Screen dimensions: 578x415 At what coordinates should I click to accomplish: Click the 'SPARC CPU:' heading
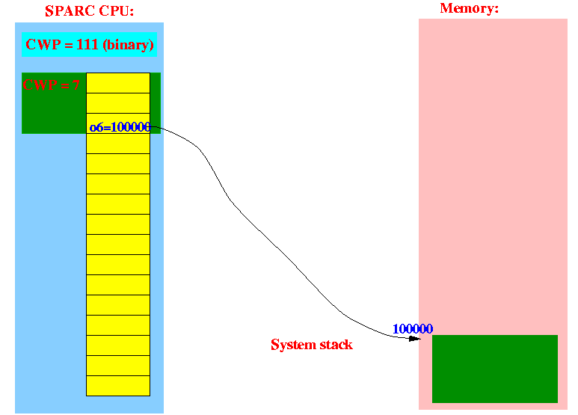click(89, 11)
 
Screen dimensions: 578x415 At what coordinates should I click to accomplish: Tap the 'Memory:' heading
click(470, 8)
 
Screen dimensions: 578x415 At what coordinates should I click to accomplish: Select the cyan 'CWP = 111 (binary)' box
click(89, 45)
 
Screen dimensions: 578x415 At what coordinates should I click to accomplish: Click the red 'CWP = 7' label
click(51, 85)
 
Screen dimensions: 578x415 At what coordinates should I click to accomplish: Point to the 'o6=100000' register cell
click(118, 123)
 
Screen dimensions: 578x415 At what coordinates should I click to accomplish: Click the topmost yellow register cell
click(118, 83)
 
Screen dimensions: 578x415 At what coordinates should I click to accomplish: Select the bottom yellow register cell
click(118, 386)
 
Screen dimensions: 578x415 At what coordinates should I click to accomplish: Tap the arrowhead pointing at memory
click(415, 338)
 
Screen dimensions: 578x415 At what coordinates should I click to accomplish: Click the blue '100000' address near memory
click(413, 328)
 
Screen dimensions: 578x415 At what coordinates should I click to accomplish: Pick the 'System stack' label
click(312, 345)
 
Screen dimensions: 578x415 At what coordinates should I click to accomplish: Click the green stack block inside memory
click(495, 369)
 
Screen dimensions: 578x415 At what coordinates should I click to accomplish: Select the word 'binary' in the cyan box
click(128, 45)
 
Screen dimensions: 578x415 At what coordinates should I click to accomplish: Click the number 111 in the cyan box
click(87, 45)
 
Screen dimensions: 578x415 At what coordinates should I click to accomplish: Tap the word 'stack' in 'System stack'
click(336, 345)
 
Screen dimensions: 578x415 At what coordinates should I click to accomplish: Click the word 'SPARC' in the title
click(69, 11)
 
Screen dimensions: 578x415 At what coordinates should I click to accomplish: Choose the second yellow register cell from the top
click(118, 103)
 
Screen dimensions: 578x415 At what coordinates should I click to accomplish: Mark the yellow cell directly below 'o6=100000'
click(118, 144)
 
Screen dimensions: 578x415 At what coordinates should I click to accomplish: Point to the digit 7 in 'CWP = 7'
click(76, 85)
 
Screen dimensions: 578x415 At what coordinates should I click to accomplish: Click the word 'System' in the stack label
click(294, 345)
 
